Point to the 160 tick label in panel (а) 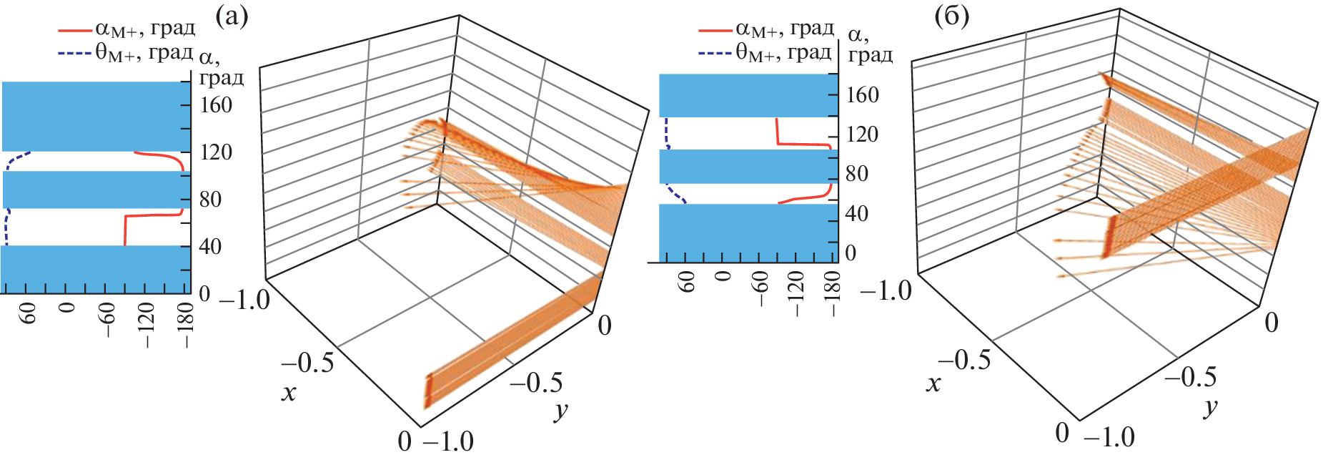pyautogui.click(x=216, y=105)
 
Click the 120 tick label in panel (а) pyautogui.click(x=216, y=152)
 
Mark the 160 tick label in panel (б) pyautogui.click(x=862, y=95)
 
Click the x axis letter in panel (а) pyautogui.click(x=289, y=393)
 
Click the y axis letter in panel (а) pyautogui.click(x=560, y=411)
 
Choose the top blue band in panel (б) pyautogui.click(x=747, y=95)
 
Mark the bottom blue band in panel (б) pyautogui.click(x=747, y=233)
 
